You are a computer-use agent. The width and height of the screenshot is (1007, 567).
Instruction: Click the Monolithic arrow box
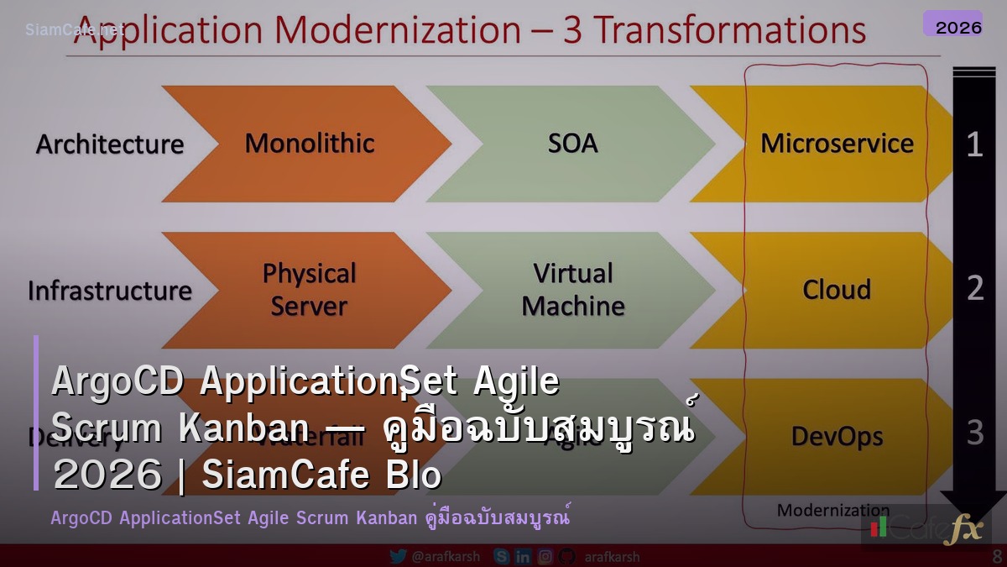[x=309, y=144]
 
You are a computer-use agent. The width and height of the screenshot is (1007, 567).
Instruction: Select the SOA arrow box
[x=572, y=144]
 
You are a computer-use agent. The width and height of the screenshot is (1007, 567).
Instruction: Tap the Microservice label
[x=837, y=144]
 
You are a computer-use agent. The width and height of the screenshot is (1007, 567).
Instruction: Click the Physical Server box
[x=309, y=290]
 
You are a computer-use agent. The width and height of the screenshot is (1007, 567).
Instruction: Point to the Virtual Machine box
[x=572, y=290]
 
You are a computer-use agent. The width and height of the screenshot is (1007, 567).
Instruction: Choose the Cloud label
[x=837, y=290]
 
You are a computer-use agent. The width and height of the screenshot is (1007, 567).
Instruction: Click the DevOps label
[x=837, y=437]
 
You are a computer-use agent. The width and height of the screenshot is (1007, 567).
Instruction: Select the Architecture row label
[x=110, y=144]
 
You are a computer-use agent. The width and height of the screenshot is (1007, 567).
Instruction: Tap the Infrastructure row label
[x=110, y=291]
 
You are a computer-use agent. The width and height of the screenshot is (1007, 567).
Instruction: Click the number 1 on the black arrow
[x=974, y=145]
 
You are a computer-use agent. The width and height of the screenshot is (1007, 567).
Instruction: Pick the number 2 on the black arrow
[x=974, y=288]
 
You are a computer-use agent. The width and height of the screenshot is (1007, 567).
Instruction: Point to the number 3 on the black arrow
[x=974, y=433]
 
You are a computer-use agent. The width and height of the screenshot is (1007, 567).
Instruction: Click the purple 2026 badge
[x=957, y=27]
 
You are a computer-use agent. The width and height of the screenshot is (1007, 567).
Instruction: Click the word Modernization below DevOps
[x=832, y=510]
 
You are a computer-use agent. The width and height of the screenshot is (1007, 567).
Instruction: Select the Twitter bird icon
[x=399, y=556]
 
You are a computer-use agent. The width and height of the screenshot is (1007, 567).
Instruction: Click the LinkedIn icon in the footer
[x=523, y=556]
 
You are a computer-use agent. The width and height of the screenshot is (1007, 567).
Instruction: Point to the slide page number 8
[x=997, y=556]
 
